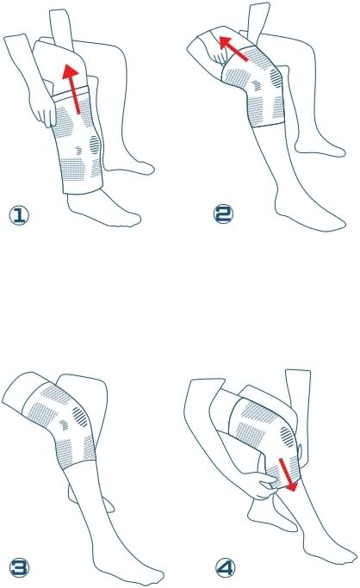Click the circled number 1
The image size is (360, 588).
[19, 216]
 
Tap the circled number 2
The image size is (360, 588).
[223, 214]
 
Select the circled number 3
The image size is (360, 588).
[19, 567]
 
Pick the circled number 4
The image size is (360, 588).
[225, 567]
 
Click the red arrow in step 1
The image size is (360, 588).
[72, 89]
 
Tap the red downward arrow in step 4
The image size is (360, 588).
[288, 474]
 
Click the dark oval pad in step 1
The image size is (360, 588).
[95, 145]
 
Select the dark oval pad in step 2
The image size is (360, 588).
[276, 78]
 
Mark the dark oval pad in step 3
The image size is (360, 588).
[80, 417]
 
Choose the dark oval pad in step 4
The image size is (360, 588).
[287, 436]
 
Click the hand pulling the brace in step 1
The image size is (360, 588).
[44, 114]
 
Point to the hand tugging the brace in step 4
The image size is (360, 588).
[258, 485]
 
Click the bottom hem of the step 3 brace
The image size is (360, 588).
[78, 465]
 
